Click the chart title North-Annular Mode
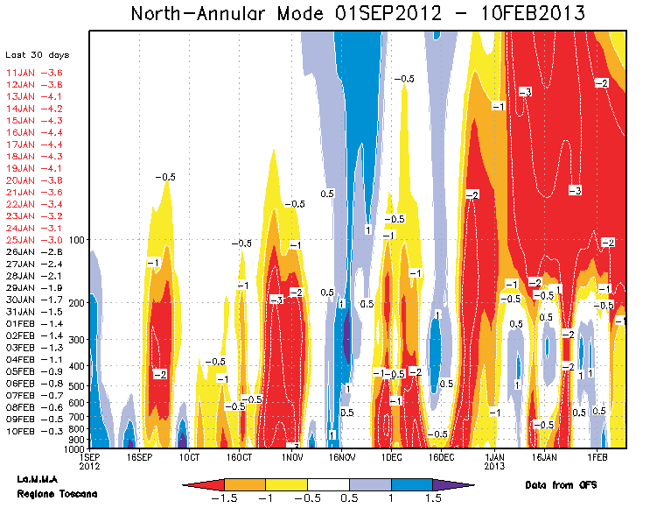tap(358, 14)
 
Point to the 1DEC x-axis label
tap(390, 456)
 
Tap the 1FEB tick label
tap(597, 456)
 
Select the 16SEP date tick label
tap(140, 456)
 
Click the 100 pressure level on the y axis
tap(76, 239)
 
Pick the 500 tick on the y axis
tap(76, 385)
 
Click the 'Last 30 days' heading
tap(31, 54)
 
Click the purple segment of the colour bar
tap(453, 484)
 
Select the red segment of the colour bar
tap(203, 484)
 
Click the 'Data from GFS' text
tap(560, 484)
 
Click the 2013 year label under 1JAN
tap(495, 466)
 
